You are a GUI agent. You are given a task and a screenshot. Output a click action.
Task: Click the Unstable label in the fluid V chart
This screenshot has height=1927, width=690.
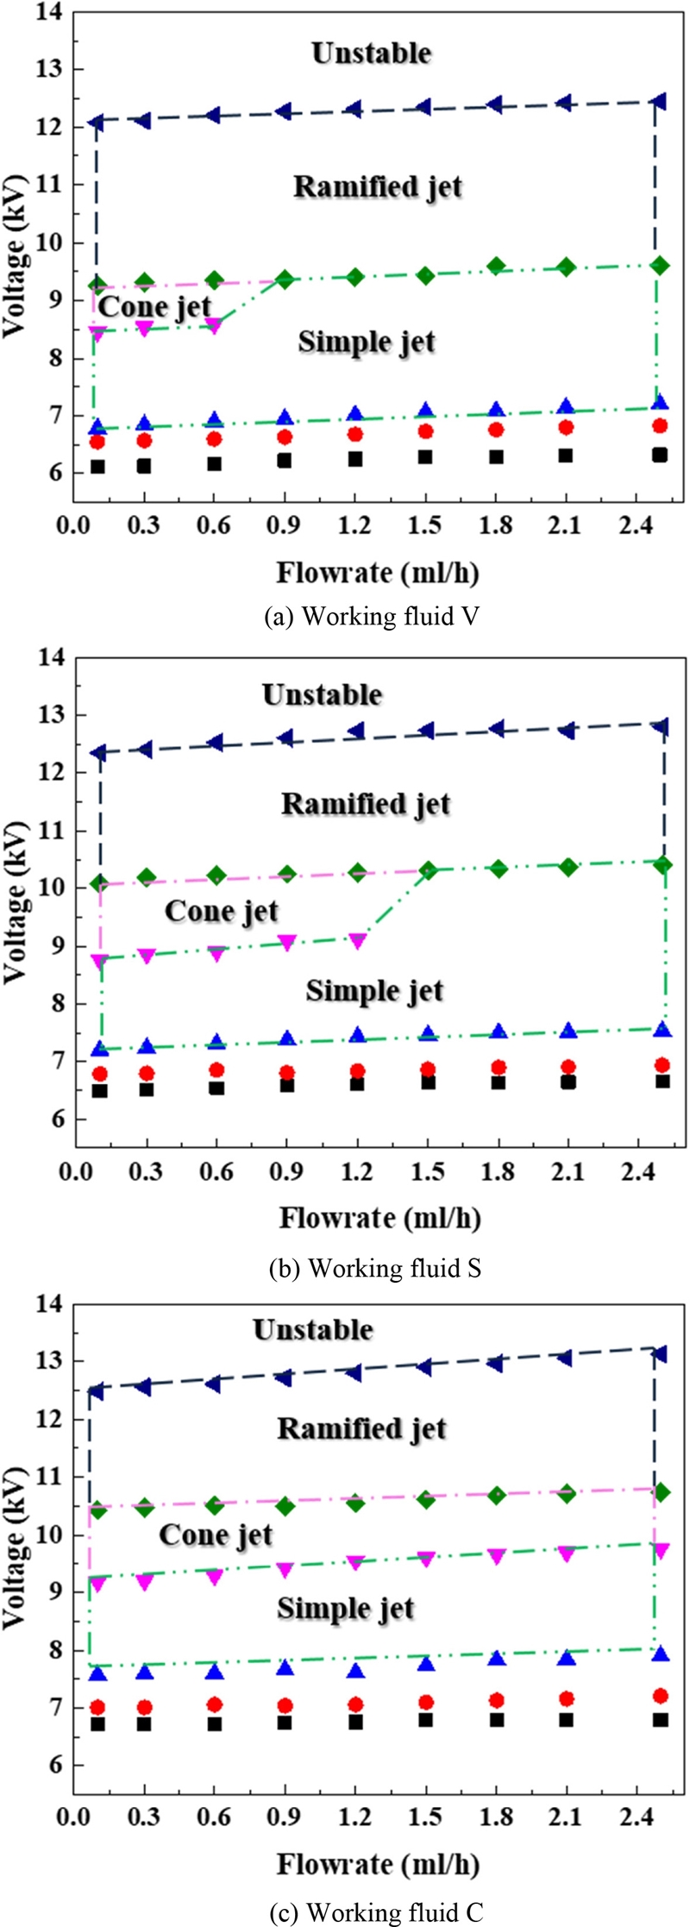(371, 53)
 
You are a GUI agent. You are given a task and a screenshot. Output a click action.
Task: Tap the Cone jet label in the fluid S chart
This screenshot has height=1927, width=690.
(222, 912)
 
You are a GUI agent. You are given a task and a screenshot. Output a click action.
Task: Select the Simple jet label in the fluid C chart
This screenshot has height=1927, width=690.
(345, 1610)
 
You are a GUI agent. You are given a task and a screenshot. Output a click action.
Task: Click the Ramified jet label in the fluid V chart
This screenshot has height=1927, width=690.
(378, 187)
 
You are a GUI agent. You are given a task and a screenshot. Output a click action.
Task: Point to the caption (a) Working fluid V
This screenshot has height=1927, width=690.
(372, 617)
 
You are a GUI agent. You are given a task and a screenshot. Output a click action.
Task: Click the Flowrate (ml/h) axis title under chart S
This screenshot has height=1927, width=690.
(379, 1218)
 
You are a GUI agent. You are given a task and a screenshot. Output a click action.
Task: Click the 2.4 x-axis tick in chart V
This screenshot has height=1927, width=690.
(637, 525)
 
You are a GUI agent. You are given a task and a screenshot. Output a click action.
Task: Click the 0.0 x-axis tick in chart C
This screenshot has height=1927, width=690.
(75, 1817)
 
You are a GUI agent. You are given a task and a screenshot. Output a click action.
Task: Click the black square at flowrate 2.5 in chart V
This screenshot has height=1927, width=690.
(660, 455)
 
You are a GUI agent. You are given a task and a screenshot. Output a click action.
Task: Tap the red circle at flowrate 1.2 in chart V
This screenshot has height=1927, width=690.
(355, 434)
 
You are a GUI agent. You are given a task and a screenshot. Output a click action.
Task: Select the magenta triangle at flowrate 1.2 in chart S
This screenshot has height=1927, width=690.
(357, 941)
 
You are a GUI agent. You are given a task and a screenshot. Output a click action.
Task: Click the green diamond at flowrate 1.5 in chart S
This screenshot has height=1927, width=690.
(428, 870)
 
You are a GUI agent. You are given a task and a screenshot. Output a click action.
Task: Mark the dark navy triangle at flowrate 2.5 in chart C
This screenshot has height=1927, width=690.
(660, 1353)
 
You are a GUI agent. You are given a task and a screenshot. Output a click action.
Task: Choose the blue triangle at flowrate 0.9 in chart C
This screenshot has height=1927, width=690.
(285, 1667)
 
